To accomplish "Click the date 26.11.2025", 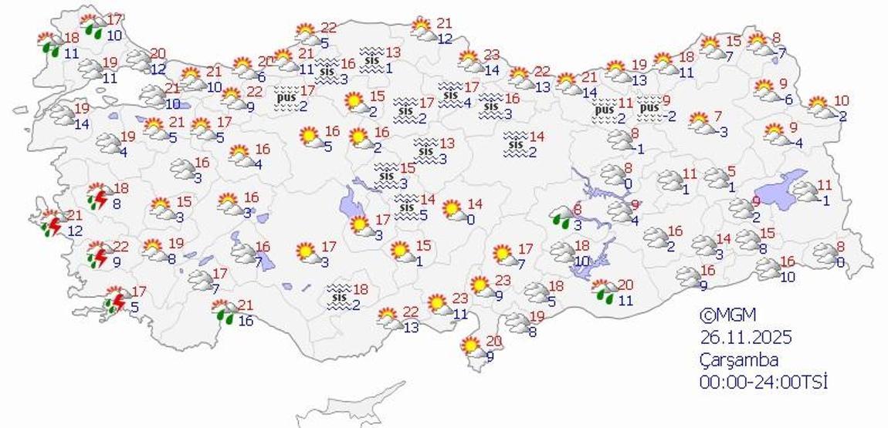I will tap(746, 338).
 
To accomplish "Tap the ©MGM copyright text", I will tap(727, 315).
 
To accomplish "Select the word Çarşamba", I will tap(738, 359).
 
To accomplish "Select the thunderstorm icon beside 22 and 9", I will tap(98, 254).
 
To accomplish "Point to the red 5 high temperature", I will tap(731, 171).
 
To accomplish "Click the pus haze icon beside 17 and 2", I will tap(286, 97).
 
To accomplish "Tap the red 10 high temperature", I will tap(842, 100).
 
